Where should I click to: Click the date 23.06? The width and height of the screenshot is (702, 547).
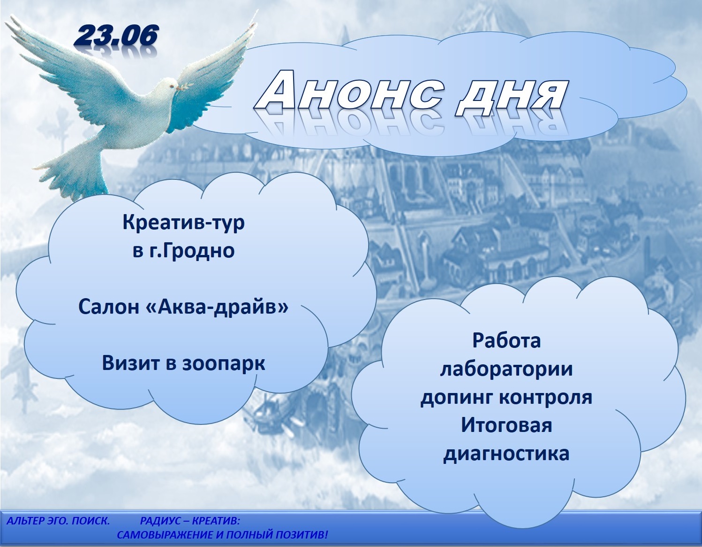[116, 37]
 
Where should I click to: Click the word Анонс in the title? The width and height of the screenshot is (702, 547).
[351, 94]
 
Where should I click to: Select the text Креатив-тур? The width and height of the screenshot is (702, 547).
[183, 223]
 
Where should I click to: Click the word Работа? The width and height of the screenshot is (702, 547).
[506, 340]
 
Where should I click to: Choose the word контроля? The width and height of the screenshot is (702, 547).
[546, 398]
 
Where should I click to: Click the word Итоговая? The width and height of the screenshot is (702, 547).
[506, 425]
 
